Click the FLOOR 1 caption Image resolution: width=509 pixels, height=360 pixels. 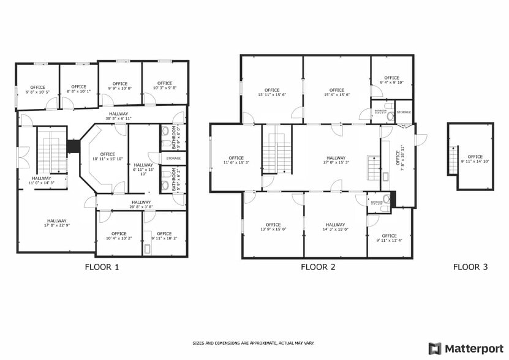pyautogui.click(x=102, y=267)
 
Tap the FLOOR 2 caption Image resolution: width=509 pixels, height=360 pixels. pyautogui.click(x=318, y=267)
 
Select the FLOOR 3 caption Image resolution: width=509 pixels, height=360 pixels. pyautogui.click(x=470, y=267)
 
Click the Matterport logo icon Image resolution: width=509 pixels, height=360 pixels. pyautogui.click(x=434, y=348)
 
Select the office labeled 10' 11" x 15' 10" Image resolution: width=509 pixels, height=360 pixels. pyautogui.click(x=107, y=157)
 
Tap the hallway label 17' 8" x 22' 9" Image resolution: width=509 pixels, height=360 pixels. pyautogui.click(x=56, y=223)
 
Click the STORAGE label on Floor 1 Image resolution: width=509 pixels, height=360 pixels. pyautogui.click(x=173, y=159)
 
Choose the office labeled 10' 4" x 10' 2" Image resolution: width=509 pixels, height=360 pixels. pyautogui.click(x=119, y=236)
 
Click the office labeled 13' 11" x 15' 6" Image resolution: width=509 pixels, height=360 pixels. pyautogui.click(x=272, y=92)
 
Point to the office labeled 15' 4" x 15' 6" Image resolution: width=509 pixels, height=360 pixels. pyautogui.click(x=337, y=92)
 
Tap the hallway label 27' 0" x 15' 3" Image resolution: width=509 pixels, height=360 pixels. pyautogui.click(x=336, y=160)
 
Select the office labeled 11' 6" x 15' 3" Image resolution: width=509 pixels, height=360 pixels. pyautogui.click(x=236, y=160)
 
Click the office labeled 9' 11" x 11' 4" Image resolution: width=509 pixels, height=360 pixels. pyautogui.click(x=389, y=238)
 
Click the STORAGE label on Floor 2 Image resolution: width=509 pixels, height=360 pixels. pyautogui.click(x=403, y=113)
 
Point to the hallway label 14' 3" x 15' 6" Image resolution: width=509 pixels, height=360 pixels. pyautogui.click(x=336, y=227)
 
